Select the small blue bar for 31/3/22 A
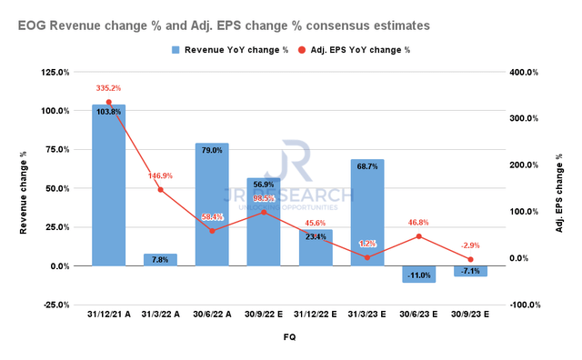point(160,260)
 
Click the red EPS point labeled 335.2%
point(108,102)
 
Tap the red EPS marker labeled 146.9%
point(160,190)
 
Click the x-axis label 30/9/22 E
point(263,317)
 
